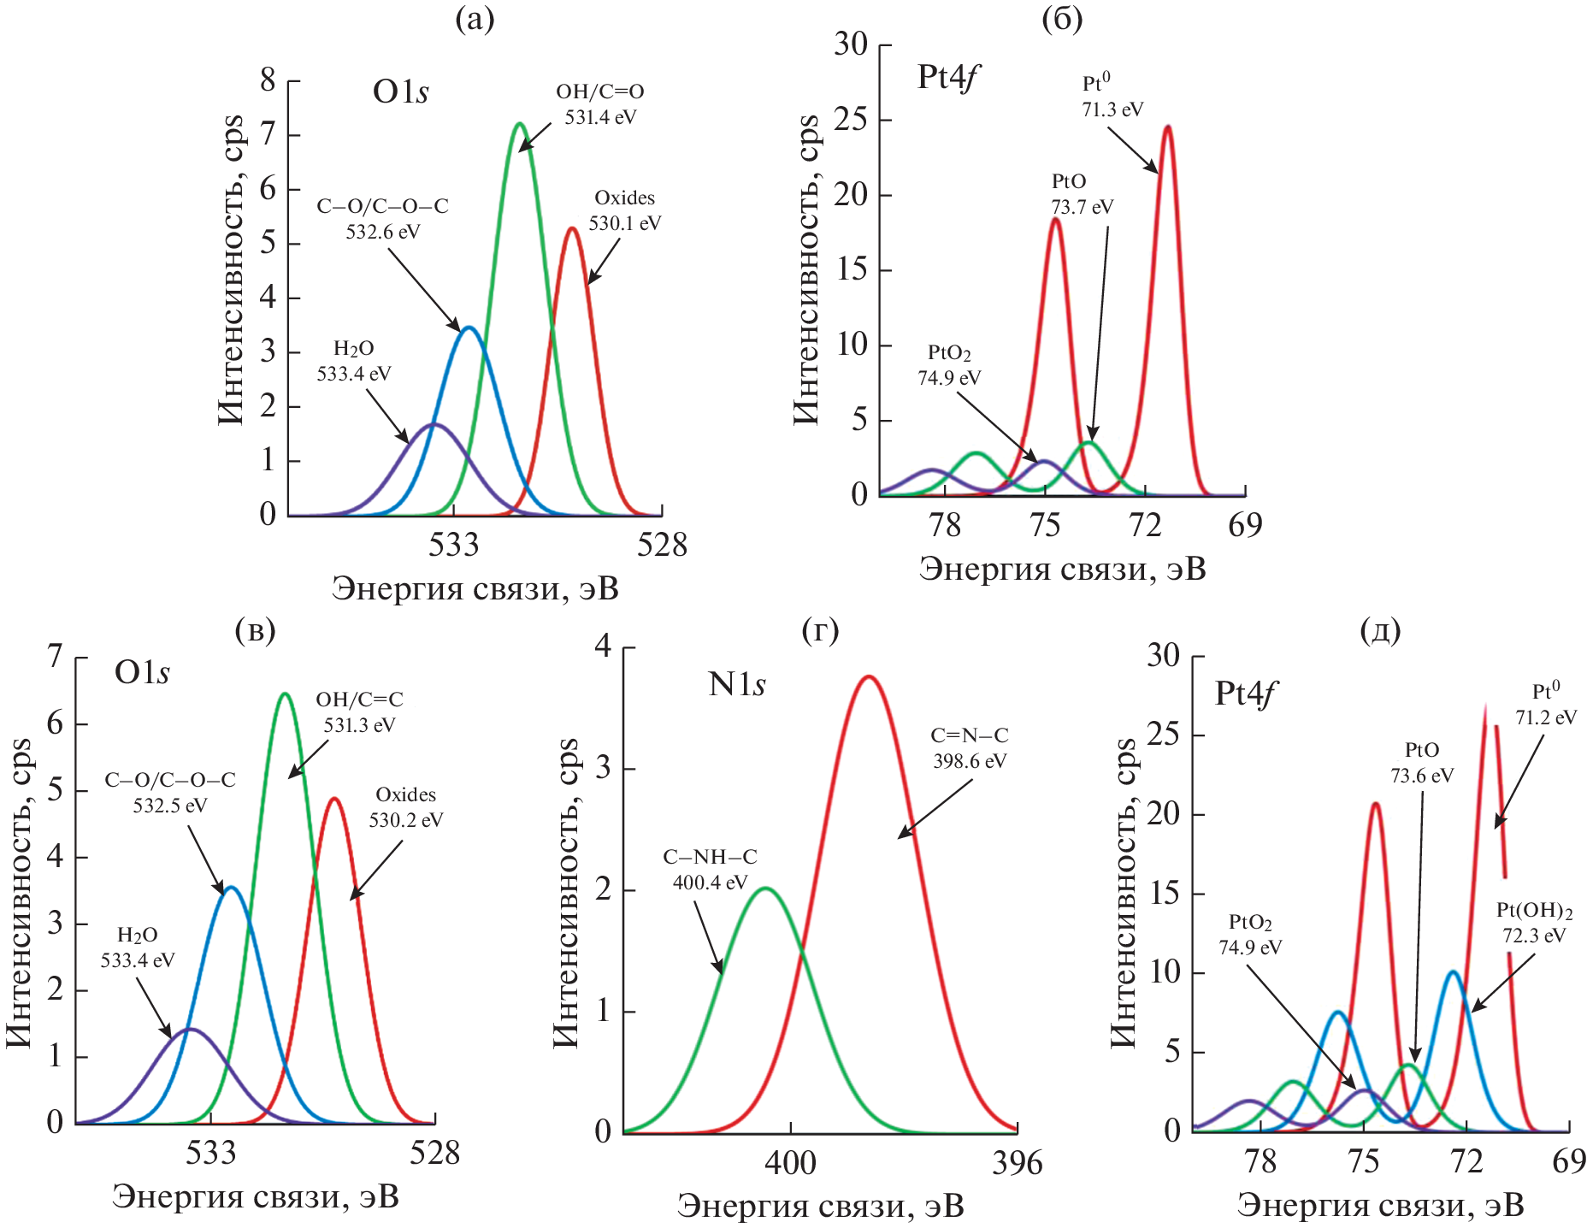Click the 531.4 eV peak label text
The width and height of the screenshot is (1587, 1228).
(599, 104)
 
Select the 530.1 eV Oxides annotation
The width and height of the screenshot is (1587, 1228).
(624, 210)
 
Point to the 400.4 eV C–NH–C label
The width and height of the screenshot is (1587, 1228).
(710, 870)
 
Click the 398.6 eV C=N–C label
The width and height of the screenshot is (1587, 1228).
(969, 748)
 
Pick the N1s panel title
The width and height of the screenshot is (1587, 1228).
(736, 685)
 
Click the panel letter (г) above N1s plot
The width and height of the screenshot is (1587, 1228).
(820, 631)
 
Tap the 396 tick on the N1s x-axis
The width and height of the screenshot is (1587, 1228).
(1017, 1163)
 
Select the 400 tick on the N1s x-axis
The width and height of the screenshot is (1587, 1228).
(790, 1163)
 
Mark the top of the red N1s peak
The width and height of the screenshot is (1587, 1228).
(869, 676)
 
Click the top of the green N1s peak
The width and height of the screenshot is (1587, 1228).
(766, 888)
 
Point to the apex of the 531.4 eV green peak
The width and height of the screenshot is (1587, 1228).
(519, 124)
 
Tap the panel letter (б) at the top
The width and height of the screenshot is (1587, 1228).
(1062, 19)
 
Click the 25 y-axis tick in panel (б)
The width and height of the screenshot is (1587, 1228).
(850, 120)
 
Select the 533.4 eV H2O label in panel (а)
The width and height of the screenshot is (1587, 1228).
(353, 361)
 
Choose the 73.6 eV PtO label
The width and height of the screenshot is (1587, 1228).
(1421, 763)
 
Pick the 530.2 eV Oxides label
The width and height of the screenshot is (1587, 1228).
(405, 807)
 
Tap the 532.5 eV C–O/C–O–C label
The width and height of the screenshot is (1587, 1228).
(169, 793)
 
